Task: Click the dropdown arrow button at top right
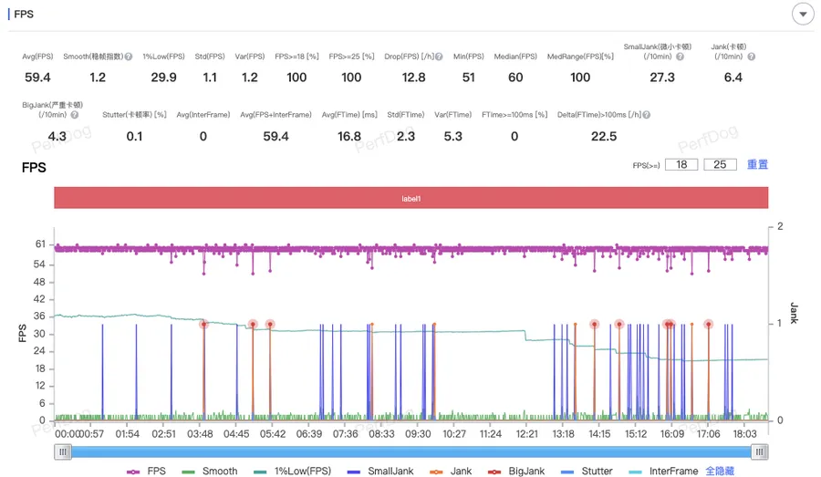[x=803, y=15]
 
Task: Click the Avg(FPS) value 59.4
[x=37, y=78]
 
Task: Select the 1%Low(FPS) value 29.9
[x=163, y=78]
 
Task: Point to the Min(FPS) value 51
[x=468, y=78]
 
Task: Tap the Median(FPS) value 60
[x=515, y=78]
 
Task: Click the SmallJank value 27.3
[x=661, y=78]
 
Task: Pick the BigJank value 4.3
[x=57, y=137]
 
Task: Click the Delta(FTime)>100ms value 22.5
[x=604, y=137]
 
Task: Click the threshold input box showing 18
[x=681, y=165]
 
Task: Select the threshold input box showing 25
[x=720, y=165]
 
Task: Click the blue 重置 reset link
[x=757, y=165]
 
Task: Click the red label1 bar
[x=410, y=198]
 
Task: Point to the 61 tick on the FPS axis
[x=40, y=244]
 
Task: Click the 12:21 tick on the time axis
[x=527, y=434]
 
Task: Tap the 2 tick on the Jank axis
[x=780, y=226]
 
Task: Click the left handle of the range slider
[x=63, y=451]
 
